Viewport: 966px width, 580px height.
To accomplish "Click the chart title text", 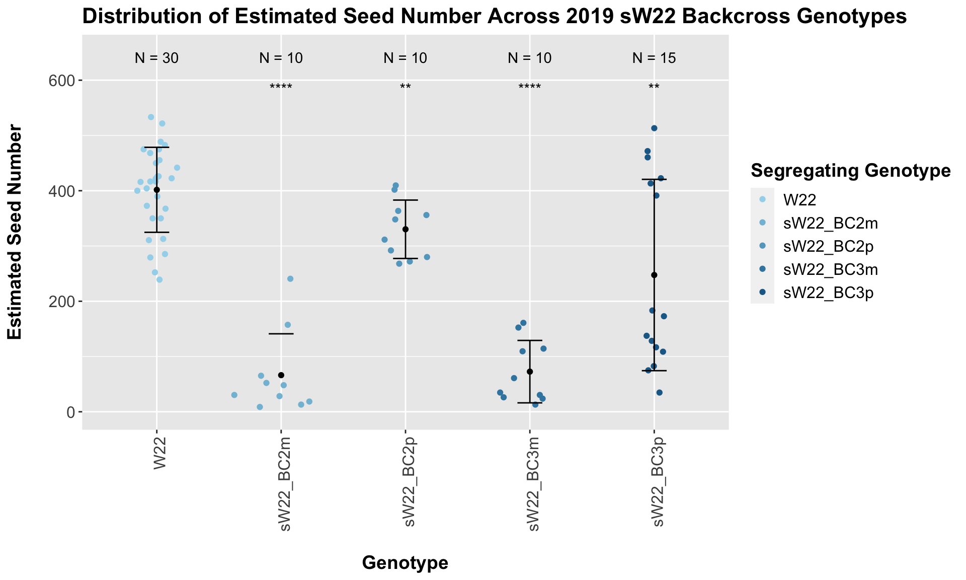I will point(494,17).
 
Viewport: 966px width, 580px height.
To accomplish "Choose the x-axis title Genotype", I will point(405,563).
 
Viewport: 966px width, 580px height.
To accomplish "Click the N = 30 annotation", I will point(156,58).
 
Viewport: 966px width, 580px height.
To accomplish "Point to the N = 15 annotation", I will point(654,58).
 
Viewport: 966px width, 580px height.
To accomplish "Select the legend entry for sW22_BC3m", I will point(831,270).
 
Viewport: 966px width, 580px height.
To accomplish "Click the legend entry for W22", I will point(799,200).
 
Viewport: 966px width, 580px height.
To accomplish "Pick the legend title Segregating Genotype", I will point(850,171).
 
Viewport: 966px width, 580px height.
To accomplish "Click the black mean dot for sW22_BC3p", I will point(654,275).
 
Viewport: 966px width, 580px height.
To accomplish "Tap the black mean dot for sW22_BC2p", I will point(406,229).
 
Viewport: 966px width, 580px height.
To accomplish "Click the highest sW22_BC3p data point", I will point(654,128).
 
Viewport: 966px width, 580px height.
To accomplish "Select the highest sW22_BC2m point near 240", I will point(290,279).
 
